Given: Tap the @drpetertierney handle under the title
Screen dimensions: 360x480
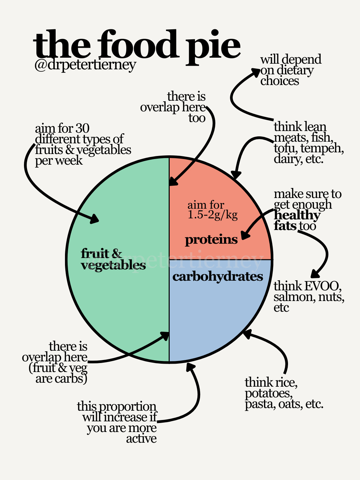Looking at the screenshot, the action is pos(85,64).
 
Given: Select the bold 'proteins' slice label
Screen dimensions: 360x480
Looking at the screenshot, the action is pos(211,239).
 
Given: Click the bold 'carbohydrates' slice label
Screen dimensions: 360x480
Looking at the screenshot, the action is pos(218,276).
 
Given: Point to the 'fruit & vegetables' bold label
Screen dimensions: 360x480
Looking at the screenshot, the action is pos(113,259).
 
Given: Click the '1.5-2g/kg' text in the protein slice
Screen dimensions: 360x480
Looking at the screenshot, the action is pos(213,215).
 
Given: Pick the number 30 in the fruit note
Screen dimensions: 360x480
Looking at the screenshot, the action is pos(82,128).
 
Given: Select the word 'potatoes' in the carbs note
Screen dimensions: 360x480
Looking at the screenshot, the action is pos(269,393).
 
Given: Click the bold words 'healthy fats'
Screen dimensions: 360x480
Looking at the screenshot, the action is pos(296,220).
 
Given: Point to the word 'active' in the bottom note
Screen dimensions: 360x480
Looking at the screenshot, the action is pos(141,439).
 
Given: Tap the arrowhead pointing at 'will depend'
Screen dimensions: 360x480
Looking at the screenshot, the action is pos(256,72).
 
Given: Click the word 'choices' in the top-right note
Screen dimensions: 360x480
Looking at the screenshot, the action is pos(280,81).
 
